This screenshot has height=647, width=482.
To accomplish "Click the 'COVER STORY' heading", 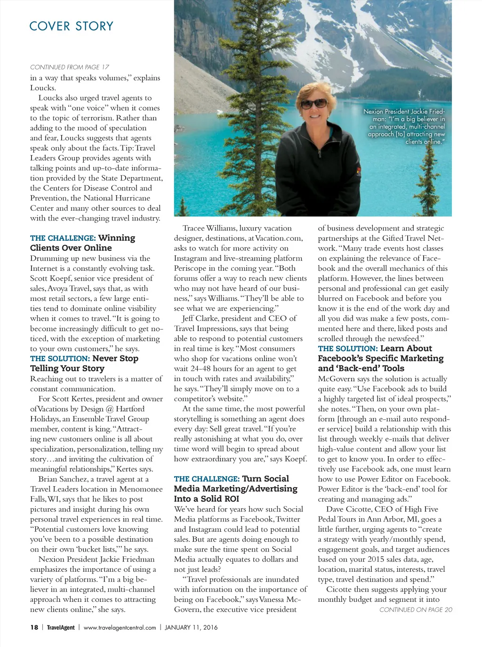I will (71, 26).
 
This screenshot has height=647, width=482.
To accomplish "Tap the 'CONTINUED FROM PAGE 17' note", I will (70, 67).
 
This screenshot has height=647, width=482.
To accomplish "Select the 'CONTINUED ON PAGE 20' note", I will (416, 610).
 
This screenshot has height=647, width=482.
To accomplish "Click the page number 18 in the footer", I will (34, 627).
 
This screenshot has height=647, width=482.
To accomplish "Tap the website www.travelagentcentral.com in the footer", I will (120, 627).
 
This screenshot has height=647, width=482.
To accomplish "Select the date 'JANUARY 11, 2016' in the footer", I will (191, 627).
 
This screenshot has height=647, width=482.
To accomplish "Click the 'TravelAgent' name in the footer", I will (61, 627).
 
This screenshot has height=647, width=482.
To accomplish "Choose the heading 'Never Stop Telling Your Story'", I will (84, 363).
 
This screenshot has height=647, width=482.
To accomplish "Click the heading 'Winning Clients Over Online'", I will (82, 243).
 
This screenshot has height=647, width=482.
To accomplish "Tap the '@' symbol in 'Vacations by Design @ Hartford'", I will (110, 409).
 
